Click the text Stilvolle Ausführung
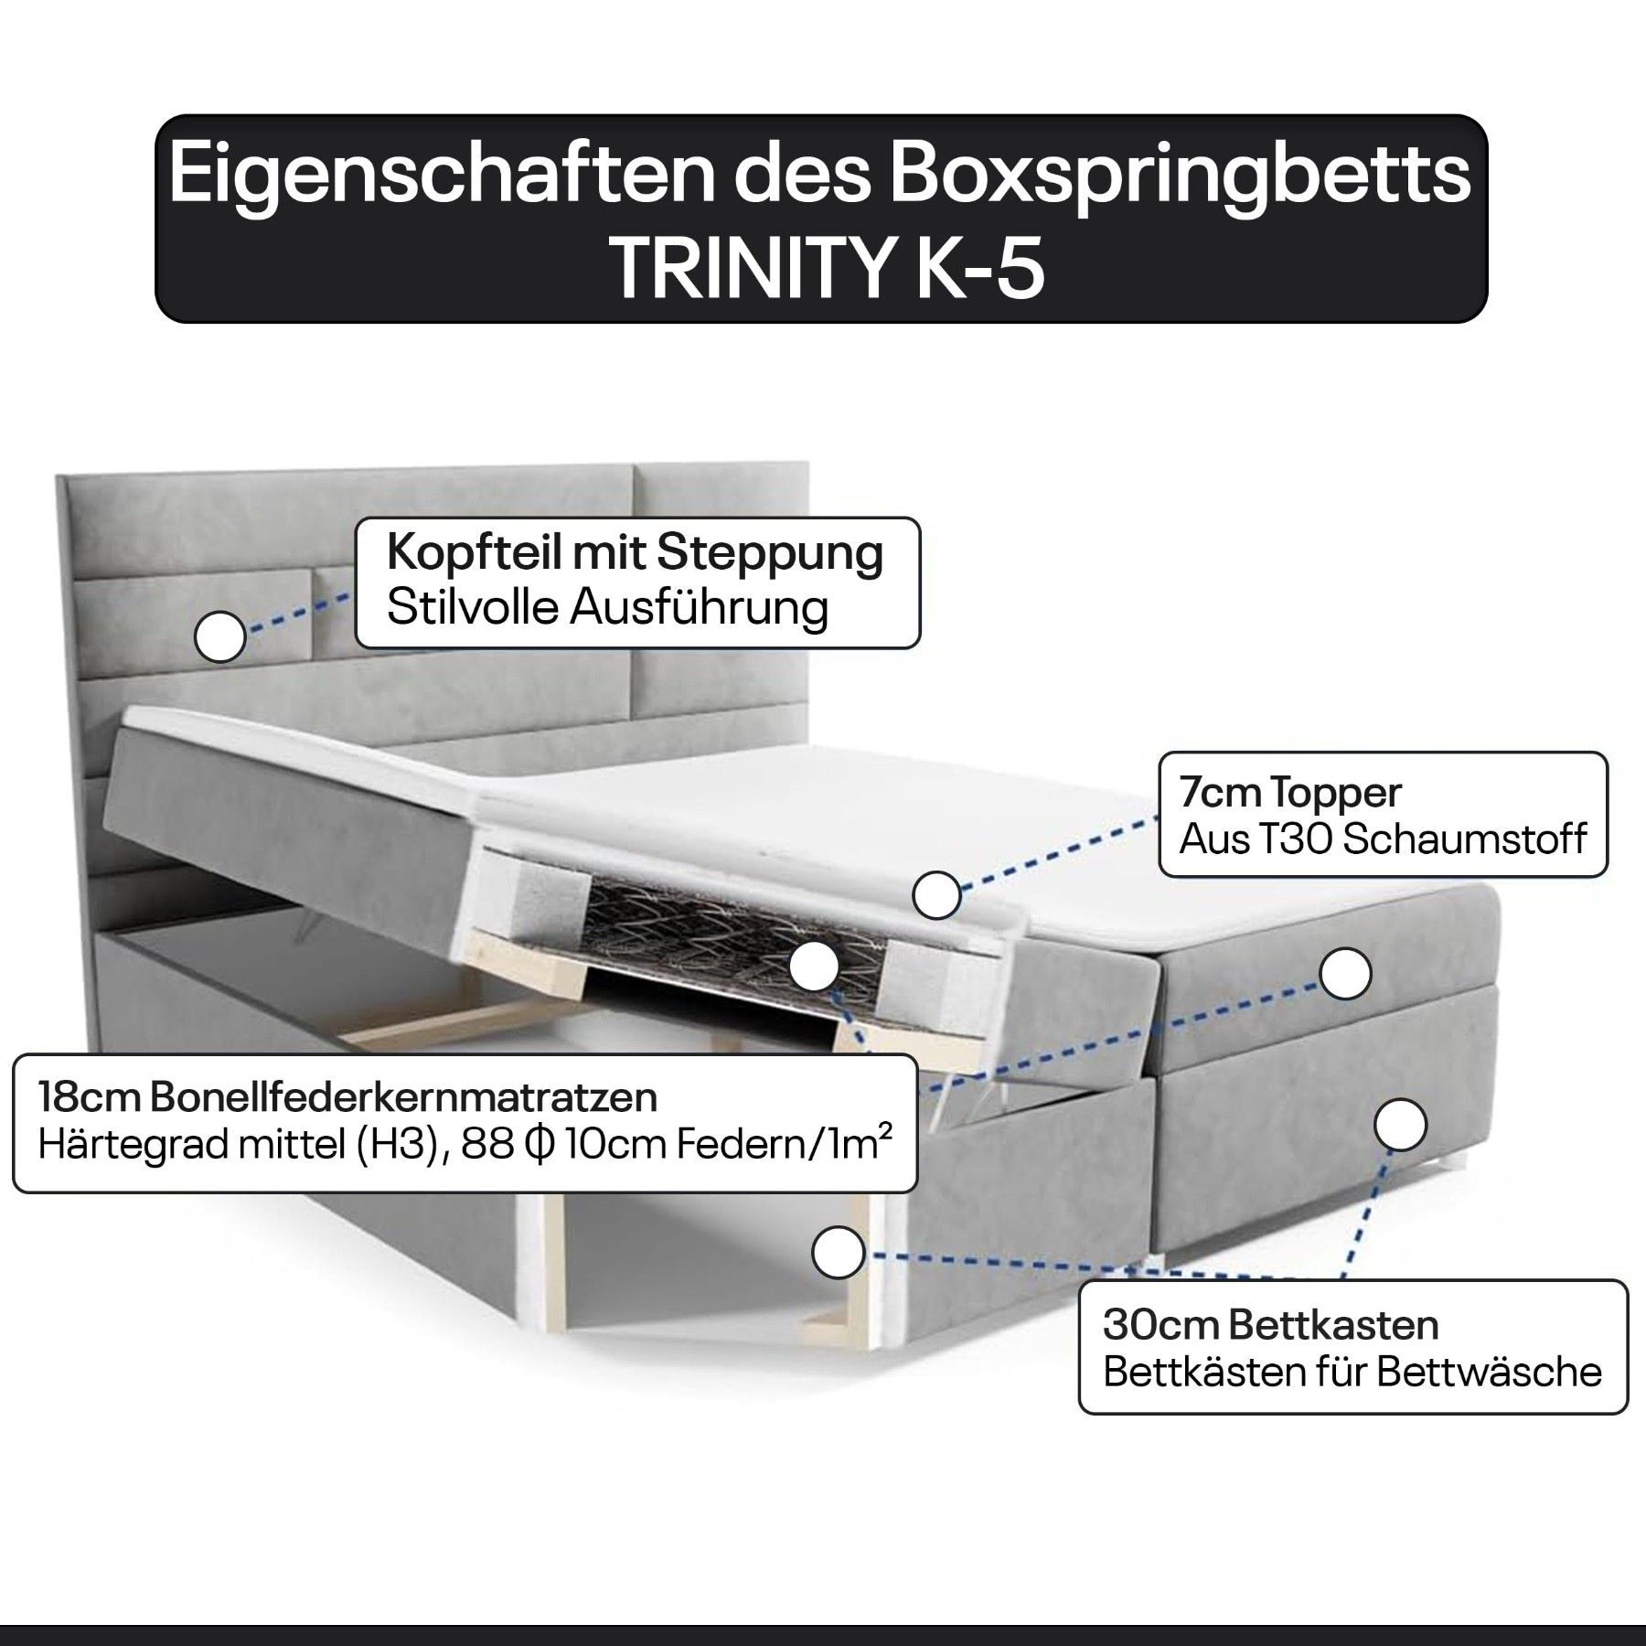point(607,608)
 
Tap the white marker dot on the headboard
point(220,636)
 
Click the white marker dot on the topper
point(935,893)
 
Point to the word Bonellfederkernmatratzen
point(403,1098)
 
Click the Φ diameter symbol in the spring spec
point(539,1145)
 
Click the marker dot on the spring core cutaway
point(814,966)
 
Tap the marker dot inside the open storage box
point(839,1252)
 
